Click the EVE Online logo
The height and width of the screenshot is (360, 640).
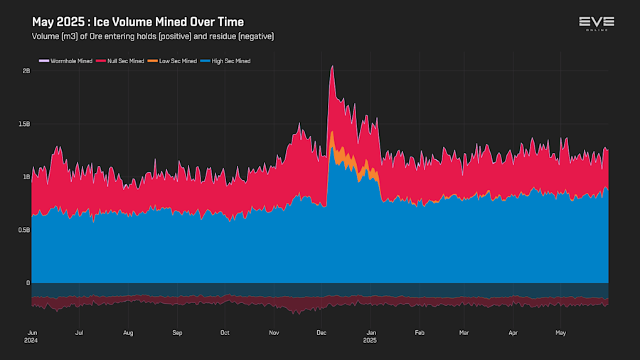click(596, 23)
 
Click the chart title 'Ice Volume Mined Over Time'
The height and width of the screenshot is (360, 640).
click(137, 23)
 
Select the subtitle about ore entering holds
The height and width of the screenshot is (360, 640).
click(153, 36)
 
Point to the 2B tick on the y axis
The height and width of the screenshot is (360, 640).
click(26, 71)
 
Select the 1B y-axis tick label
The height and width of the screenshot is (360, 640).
click(26, 177)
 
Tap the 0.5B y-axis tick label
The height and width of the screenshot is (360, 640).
click(24, 230)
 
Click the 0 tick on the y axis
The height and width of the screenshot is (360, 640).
click(28, 282)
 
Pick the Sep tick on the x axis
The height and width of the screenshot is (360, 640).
click(177, 332)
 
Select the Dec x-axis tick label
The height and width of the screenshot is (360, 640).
click(321, 332)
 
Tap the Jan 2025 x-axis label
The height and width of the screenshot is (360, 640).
click(370, 336)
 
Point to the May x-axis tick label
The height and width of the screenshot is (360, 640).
click(561, 332)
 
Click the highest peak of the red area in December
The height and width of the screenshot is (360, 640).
click(332, 67)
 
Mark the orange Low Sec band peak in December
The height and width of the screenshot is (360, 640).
click(332, 133)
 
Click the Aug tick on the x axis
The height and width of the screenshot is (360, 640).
click(128, 332)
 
